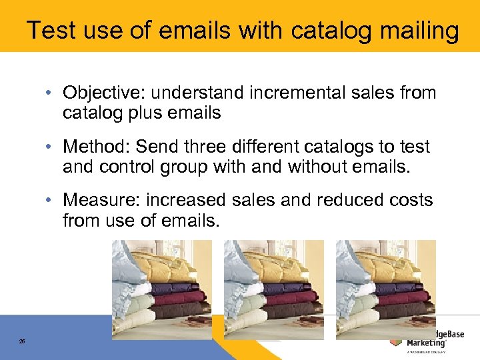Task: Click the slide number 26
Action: pyautogui.click(x=22, y=341)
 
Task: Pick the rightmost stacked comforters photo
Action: pyautogui.click(x=385, y=289)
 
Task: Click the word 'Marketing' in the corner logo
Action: pyautogui.click(x=427, y=343)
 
